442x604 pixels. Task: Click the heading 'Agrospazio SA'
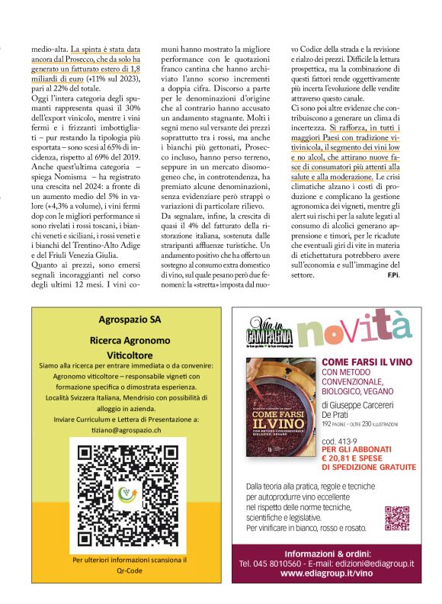click(x=123, y=320)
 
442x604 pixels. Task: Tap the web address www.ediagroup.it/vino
click(x=326, y=573)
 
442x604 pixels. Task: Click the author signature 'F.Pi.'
click(x=392, y=274)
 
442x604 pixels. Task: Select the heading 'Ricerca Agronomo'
click(x=123, y=341)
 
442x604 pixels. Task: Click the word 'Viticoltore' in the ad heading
click(x=123, y=355)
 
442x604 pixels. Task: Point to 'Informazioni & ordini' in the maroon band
click(x=326, y=552)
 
